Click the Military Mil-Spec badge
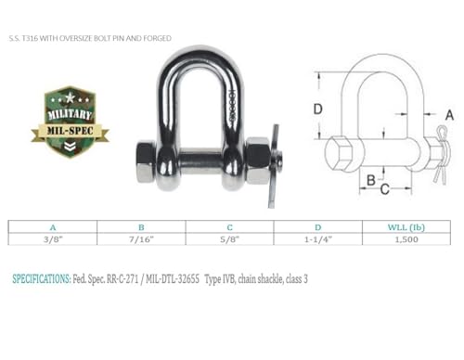click(70, 116)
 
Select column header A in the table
click(52, 225)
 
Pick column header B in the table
click(141, 225)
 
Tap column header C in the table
click(229, 225)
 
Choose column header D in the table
click(318, 225)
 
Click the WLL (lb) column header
click(406, 225)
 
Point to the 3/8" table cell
click(52, 238)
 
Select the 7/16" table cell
click(141, 238)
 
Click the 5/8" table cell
click(229, 238)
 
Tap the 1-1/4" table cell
click(318, 238)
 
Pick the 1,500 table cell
click(406, 238)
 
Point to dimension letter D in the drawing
click(316, 109)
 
